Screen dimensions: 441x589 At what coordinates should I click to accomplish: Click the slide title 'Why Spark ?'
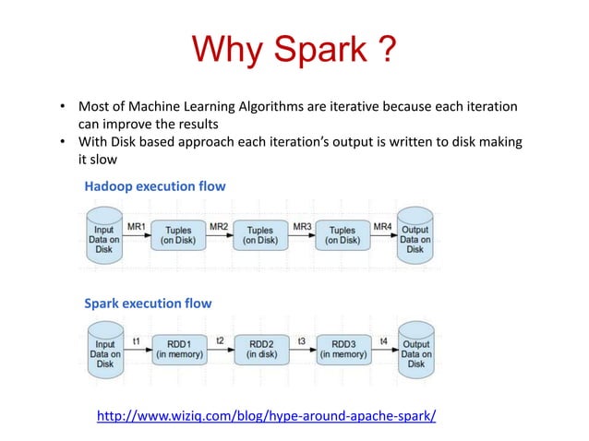(294, 49)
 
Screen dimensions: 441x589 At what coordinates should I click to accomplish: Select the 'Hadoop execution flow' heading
(155, 186)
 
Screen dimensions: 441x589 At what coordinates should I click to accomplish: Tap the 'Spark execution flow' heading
(148, 303)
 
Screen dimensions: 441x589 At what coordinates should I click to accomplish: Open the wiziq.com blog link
(266, 416)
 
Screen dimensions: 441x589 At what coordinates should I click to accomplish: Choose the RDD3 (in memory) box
(343, 348)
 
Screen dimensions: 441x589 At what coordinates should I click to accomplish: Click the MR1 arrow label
(136, 226)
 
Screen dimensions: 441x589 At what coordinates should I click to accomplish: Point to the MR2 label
(219, 226)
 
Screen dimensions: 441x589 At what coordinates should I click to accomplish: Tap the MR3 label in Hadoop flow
(302, 226)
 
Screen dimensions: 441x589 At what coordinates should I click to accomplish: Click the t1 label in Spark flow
(136, 341)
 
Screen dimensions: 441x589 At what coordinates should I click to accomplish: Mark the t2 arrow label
(220, 341)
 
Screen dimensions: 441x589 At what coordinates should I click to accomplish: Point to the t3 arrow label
(302, 341)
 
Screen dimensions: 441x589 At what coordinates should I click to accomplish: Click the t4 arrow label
(383, 341)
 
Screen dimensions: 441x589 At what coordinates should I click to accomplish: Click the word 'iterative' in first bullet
(362, 108)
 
